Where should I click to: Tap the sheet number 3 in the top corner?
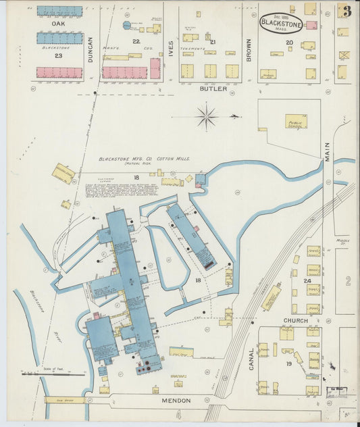point(346,11)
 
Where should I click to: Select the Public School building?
point(295,122)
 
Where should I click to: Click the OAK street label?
point(58,24)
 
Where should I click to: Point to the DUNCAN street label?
point(91,50)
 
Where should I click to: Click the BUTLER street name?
point(213,88)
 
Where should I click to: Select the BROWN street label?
point(249,50)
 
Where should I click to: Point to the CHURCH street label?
point(295,320)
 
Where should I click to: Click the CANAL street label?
point(251,359)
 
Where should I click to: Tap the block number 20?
point(289,43)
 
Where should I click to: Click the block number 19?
point(288,363)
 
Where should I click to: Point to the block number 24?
point(307,280)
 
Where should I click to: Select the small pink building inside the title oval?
point(311,25)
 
